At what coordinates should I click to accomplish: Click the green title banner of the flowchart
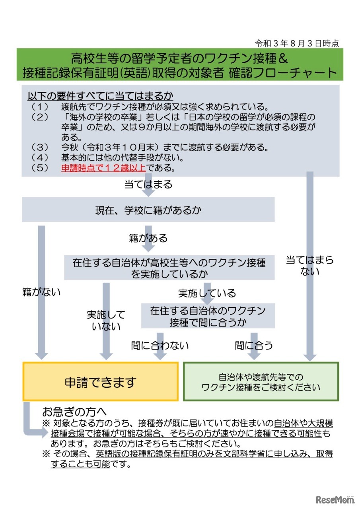pos(180,65)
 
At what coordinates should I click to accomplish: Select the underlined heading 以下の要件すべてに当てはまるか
pos(100,96)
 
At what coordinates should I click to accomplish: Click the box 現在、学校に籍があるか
pos(148,210)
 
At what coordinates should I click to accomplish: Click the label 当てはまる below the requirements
pos(148,184)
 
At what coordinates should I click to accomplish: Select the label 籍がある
pos(148,238)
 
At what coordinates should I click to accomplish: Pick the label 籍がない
pos(41,292)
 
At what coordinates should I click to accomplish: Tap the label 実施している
pos(207,293)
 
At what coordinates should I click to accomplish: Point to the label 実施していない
pos(106,321)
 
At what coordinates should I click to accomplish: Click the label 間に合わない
pos(160,345)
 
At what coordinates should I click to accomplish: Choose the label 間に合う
pos(254,345)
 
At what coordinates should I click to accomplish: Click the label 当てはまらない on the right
pos(310,266)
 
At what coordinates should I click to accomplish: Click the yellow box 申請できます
pos(100,382)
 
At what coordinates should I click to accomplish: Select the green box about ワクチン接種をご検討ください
pos(261,382)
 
